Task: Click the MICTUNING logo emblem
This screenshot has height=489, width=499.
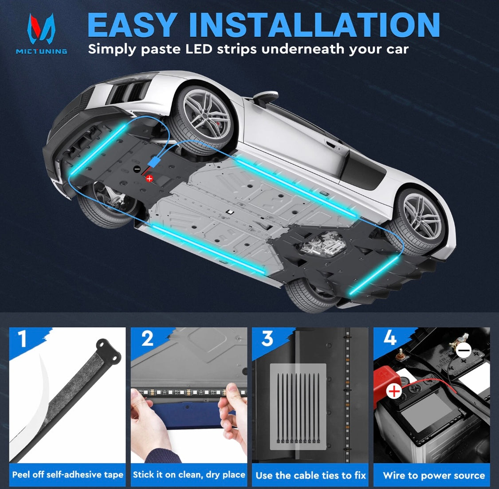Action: [x=41, y=29]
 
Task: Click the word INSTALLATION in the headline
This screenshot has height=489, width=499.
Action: [x=314, y=25]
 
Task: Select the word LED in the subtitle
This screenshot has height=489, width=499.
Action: [x=199, y=49]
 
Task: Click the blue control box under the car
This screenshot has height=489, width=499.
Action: [x=154, y=162]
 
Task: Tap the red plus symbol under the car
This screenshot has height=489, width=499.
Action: [x=149, y=179]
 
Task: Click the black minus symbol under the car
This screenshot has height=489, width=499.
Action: [x=137, y=169]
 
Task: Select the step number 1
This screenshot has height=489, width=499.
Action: [x=22, y=339]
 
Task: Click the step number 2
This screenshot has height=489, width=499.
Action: [x=147, y=339]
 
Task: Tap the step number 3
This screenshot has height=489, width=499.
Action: [x=267, y=339]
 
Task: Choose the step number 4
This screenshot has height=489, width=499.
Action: [x=390, y=337]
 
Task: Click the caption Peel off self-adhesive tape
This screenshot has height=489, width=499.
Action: [x=67, y=475]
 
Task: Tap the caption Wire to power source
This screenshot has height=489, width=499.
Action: [x=434, y=475]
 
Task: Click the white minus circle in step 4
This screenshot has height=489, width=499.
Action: [x=464, y=351]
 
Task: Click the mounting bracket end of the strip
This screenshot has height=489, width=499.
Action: [x=108, y=350]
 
